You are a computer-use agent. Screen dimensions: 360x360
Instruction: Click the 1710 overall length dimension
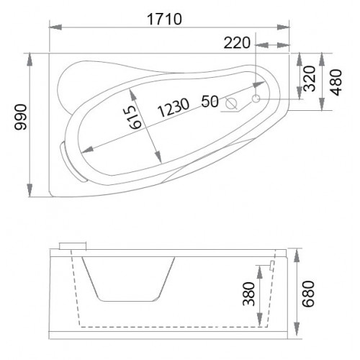coord(164,19)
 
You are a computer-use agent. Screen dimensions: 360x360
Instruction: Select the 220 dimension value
coord(237,43)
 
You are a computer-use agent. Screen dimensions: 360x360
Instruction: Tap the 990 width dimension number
coord(21,117)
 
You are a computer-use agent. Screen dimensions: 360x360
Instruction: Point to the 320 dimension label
coord(309,78)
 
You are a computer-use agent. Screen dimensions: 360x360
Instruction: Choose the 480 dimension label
coord(336,82)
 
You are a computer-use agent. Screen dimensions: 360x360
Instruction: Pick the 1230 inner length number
coord(174,107)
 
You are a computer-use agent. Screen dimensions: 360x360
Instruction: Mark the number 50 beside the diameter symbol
coord(210,101)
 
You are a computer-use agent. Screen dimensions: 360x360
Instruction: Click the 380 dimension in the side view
coord(248,294)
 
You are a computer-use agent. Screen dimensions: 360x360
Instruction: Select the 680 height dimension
coord(308,294)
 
